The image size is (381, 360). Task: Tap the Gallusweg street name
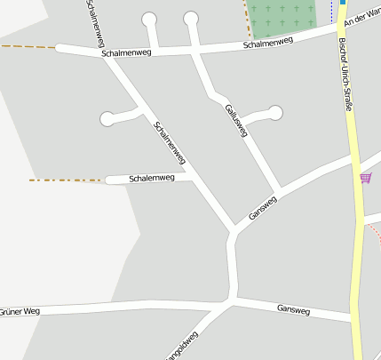(x=235, y=120)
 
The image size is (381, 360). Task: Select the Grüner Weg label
(x=20, y=312)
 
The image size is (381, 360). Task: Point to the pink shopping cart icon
(x=365, y=178)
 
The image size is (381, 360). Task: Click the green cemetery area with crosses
(x=282, y=16)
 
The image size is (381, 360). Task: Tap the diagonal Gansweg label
(x=263, y=206)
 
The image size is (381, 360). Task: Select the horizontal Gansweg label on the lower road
(x=293, y=309)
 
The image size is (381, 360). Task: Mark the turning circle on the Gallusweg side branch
(x=275, y=112)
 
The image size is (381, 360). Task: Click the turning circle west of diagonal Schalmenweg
(x=107, y=118)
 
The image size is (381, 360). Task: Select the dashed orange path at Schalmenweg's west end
(x=27, y=46)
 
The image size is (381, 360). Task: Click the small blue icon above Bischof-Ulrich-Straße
(x=343, y=3)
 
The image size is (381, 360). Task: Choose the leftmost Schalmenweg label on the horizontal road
(x=127, y=53)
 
